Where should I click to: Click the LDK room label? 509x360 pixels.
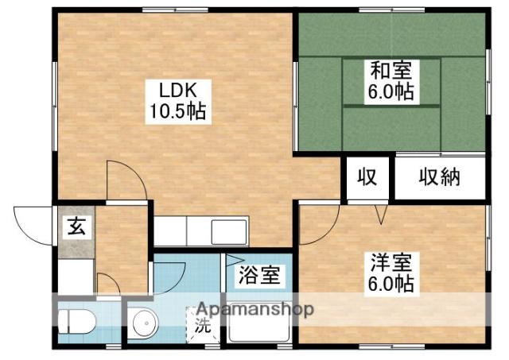pyautogui.click(x=177, y=91)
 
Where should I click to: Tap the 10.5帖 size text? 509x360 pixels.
pyautogui.click(x=177, y=112)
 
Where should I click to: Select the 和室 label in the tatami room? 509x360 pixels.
pyautogui.click(x=391, y=71)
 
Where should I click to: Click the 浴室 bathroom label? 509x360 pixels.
pyautogui.click(x=259, y=275)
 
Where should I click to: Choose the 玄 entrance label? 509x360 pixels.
pyautogui.click(x=76, y=226)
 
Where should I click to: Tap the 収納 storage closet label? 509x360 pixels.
pyautogui.click(x=440, y=177)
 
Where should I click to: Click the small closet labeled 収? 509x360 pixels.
pyautogui.click(x=367, y=177)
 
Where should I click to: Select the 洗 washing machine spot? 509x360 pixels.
pyautogui.click(x=203, y=325)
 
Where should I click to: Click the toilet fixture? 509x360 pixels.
pyautogui.click(x=77, y=321)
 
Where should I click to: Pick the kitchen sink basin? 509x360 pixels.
pyautogui.click(x=229, y=232)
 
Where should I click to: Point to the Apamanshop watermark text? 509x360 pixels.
pyautogui.click(x=255, y=309)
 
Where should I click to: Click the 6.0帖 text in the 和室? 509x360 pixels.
pyautogui.click(x=390, y=92)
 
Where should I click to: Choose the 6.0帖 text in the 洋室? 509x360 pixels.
pyautogui.click(x=390, y=285)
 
